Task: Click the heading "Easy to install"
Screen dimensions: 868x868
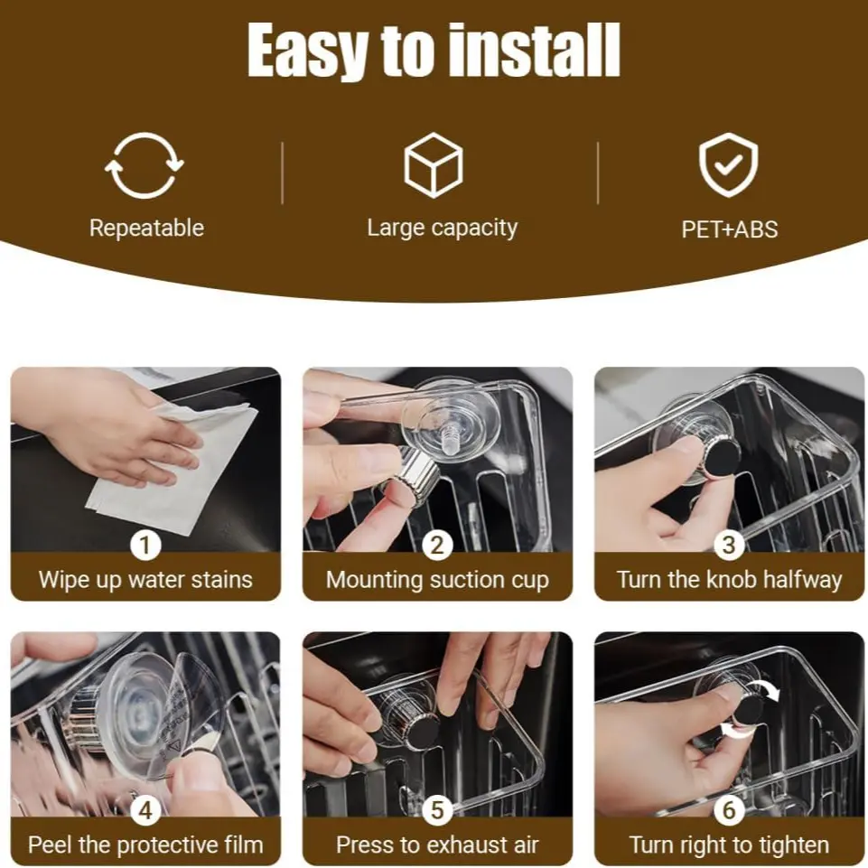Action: point(434,51)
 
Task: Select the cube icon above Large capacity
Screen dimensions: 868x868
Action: point(434,165)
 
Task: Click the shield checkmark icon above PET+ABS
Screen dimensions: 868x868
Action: point(729,164)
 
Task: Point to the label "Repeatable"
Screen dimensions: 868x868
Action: point(146,229)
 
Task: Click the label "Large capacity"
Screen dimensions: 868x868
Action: point(443,229)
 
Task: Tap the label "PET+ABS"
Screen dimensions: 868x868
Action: point(730,229)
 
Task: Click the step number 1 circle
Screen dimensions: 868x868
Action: point(145,546)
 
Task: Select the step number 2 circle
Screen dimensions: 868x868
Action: point(437,546)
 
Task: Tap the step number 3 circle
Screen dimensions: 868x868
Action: point(729,546)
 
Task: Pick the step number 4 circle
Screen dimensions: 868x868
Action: point(145,810)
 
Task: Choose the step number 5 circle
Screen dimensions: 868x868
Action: point(437,810)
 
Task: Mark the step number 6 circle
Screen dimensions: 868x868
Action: point(729,810)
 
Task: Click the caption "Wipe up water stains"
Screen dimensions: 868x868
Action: point(145,580)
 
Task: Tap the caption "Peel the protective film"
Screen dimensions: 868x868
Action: point(145,845)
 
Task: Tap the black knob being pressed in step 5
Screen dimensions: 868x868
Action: point(421,730)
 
